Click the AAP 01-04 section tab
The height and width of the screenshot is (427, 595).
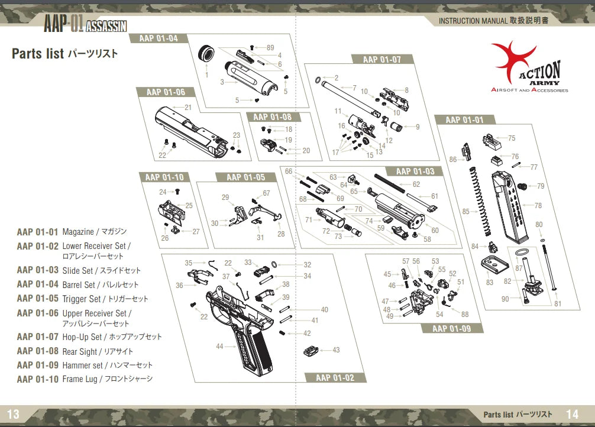pyautogui.click(x=158, y=39)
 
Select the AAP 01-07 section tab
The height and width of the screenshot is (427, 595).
pyautogui.click(x=381, y=60)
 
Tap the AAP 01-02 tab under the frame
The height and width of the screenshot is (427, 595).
pyautogui.click(x=335, y=378)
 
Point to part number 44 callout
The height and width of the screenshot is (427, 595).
pyautogui.click(x=219, y=347)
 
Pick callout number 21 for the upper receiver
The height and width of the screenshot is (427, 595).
pyautogui.click(x=188, y=108)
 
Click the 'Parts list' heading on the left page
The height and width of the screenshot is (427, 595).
pyautogui.click(x=38, y=54)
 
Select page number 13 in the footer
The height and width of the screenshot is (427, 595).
pyautogui.click(x=13, y=415)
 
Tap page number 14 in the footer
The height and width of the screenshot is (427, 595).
pyautogui.click(x=572, y=415)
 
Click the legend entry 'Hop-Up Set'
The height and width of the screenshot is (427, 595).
pyautogui.click(x=82, y=337)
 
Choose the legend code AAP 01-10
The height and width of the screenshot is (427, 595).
pyautogui.click(x=38, y=379)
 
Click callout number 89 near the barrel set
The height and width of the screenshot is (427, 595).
pyautogui.click(x=270, y=47)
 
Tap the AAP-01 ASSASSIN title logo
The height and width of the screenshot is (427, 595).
pyautogui.click(x=85, y=24)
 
